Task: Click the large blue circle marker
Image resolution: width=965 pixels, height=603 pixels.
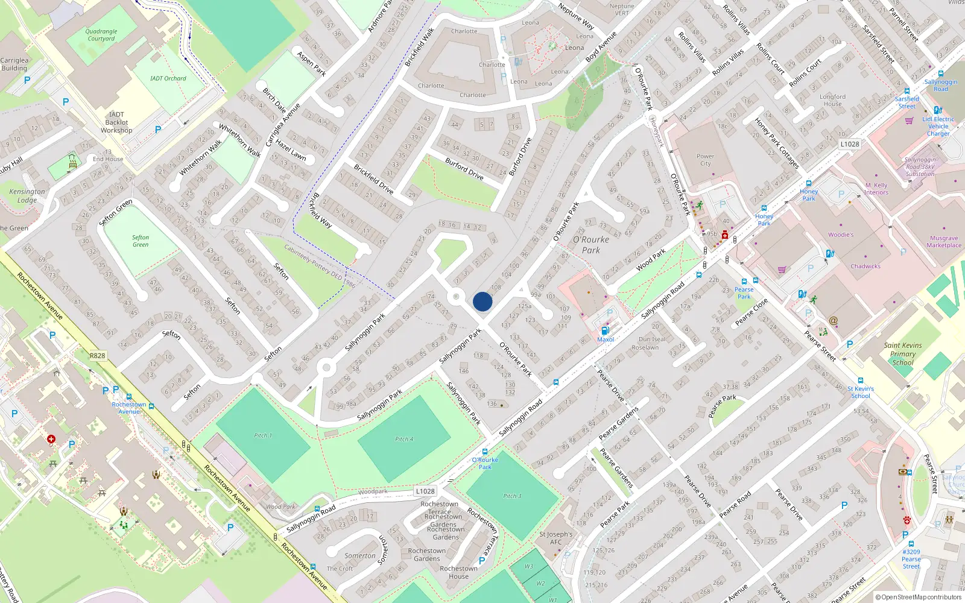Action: tap(482, 301)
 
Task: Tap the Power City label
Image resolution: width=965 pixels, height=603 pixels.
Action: tap(705, 160)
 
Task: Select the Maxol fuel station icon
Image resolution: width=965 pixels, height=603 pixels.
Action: tap(605, 330)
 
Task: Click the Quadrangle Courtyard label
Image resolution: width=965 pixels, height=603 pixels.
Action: tap(101, 35)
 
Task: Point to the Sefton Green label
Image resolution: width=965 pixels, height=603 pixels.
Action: tap(141, 241)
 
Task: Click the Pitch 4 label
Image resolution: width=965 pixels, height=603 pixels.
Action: tap(404, 439)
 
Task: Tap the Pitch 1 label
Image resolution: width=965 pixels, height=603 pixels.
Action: tap(263, 435)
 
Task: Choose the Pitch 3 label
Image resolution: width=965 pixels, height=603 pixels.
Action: tap(512, 496)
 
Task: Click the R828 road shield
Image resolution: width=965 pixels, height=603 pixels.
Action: tap(97, 356)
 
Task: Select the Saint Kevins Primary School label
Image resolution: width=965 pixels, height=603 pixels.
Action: tap(903, 354)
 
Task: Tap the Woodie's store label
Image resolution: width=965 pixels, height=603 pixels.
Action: tap(841, 235)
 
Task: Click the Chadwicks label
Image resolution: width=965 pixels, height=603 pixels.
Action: tap(865, 266)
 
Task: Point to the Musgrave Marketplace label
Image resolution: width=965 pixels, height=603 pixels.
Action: tap(944, 241)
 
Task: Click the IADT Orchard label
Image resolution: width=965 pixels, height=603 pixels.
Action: tap(168, 78)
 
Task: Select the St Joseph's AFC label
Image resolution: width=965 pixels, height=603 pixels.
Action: tap(556, 538)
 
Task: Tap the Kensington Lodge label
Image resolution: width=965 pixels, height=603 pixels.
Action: tap(27, 195)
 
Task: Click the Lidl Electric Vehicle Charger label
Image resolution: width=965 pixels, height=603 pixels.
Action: tap(938, 126)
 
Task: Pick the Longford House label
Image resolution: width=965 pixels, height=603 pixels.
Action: tap(832, 100)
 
